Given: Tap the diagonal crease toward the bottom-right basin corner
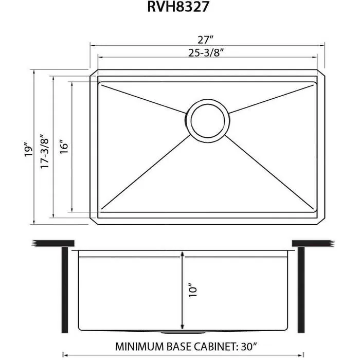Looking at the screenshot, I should coord(270,172).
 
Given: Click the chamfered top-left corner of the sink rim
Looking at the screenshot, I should coord(94,73).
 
